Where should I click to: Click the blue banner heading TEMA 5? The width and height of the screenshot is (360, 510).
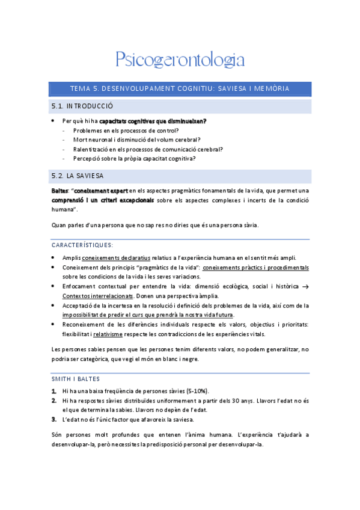point(180,88)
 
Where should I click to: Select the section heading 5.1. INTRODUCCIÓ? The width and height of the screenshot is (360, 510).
point(82,106)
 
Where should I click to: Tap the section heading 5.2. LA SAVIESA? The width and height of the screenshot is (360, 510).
point(78,176)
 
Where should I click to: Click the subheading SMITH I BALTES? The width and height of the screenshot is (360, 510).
point(76,379)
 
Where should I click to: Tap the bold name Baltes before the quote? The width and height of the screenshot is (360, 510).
point(59,191)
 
